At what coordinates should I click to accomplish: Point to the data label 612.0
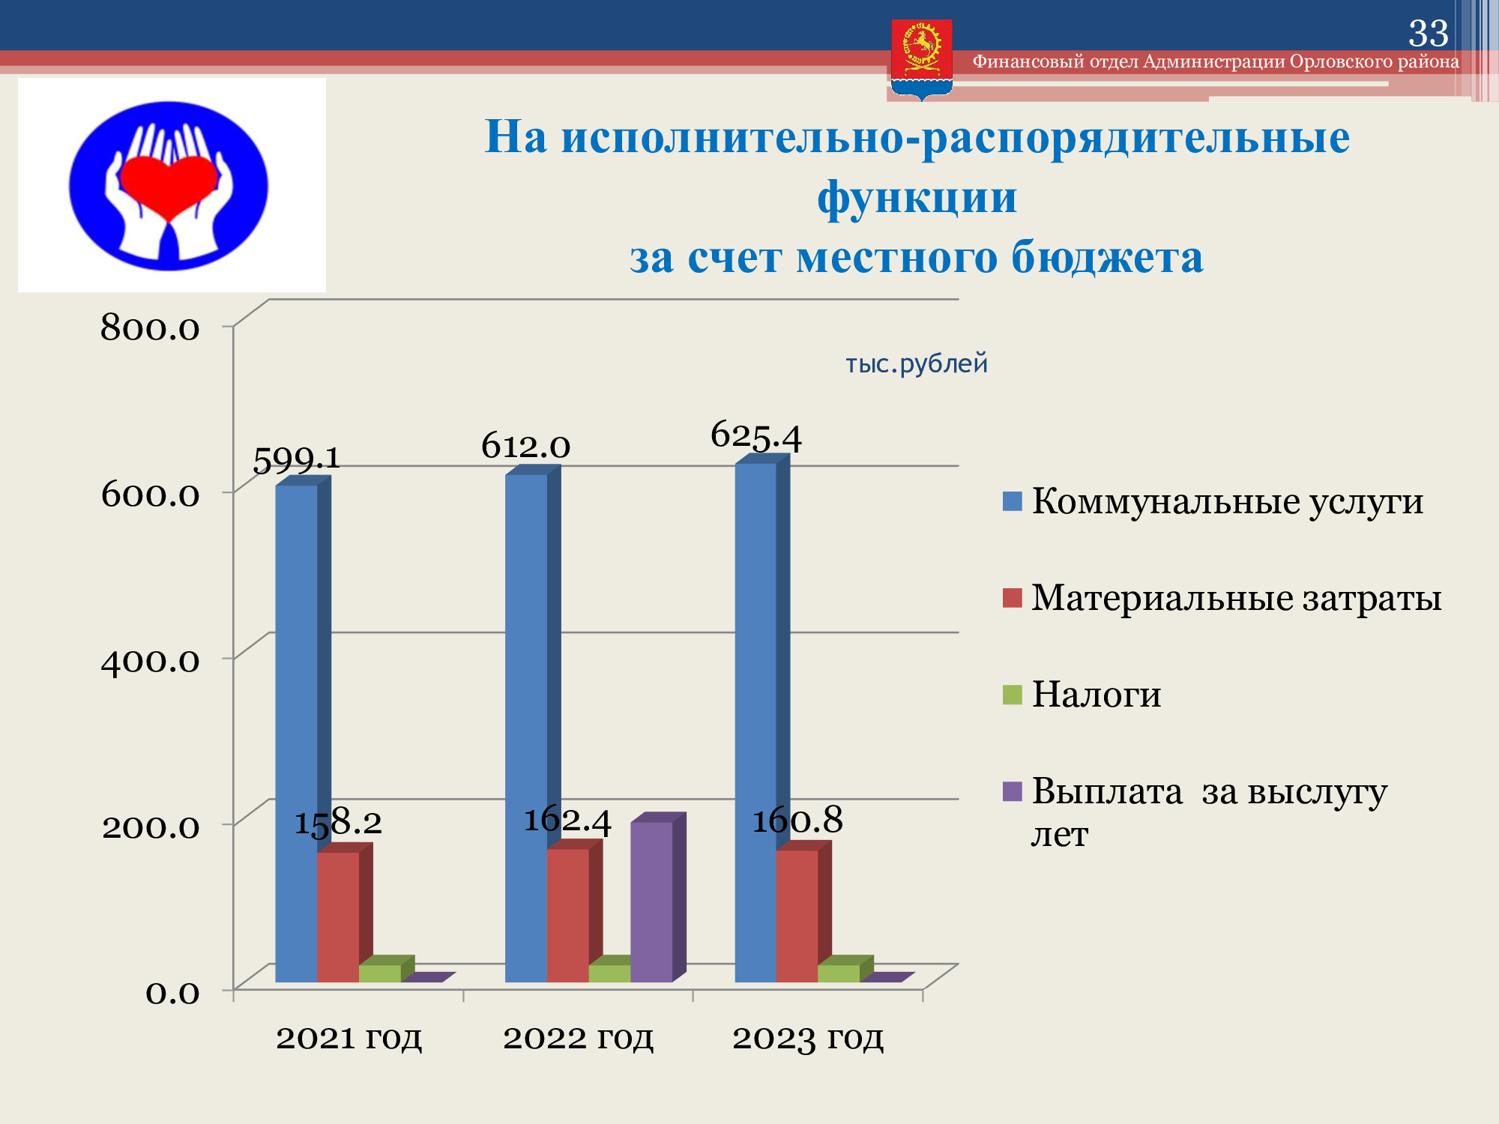(525, 446)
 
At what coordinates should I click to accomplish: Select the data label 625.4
(755, 435)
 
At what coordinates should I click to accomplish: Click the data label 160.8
(797, 820)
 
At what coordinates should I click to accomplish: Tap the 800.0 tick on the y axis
(150, 327)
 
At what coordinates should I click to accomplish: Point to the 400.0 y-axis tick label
(150, 660)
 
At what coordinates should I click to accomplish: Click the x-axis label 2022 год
(578, 1038)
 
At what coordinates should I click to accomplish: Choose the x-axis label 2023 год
(807, 1038)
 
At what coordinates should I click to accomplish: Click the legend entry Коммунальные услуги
(1213, 501)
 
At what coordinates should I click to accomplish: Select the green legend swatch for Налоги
(1012, 695)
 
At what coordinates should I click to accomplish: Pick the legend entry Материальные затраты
(1222, 598)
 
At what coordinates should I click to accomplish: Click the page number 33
(1429, 33)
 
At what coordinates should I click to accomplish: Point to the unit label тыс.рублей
(917, 363)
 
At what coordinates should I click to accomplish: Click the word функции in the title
(917, 197)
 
